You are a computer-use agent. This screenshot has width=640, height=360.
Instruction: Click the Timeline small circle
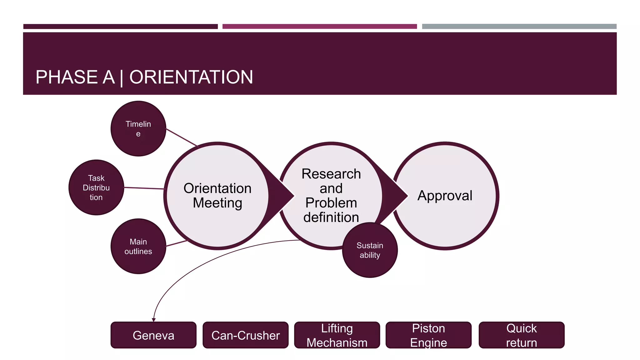138,128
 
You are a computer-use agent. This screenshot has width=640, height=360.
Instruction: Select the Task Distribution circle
96,187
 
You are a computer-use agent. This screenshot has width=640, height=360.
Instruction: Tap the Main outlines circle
138,246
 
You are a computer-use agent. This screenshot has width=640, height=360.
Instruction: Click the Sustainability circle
370,250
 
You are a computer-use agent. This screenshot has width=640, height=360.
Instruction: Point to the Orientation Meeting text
217,196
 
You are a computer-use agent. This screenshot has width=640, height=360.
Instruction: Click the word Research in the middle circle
331,174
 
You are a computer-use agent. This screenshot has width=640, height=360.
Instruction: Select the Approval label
445,196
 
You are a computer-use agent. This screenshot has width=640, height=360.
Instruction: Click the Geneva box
153,335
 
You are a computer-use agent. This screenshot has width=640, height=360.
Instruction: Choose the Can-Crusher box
245,335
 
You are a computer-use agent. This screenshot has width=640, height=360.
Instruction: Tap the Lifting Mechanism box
337,335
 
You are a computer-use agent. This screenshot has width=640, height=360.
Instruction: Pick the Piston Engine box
428,335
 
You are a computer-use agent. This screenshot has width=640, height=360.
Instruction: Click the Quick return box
521,335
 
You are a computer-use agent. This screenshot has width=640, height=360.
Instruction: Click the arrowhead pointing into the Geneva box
153,320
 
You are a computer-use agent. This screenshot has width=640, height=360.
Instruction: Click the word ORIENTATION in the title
191,77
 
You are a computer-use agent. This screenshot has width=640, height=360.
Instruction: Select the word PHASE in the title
67,77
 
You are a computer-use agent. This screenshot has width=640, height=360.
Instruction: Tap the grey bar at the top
519,27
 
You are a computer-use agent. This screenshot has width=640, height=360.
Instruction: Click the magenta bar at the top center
319,27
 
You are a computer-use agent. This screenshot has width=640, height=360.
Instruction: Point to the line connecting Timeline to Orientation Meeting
182,137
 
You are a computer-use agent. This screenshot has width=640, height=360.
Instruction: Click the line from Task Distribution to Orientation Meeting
144,188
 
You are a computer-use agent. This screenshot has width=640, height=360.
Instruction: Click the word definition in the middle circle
331,217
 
